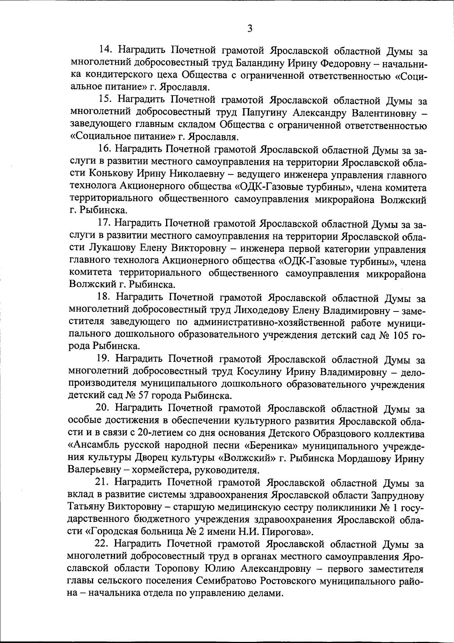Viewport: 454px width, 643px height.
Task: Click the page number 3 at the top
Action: coord(249,29)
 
